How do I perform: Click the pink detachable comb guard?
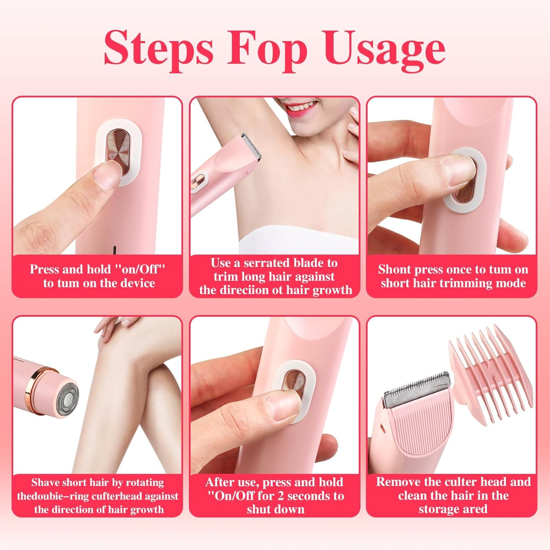point(491,370)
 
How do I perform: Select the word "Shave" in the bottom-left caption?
point(46,483)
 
